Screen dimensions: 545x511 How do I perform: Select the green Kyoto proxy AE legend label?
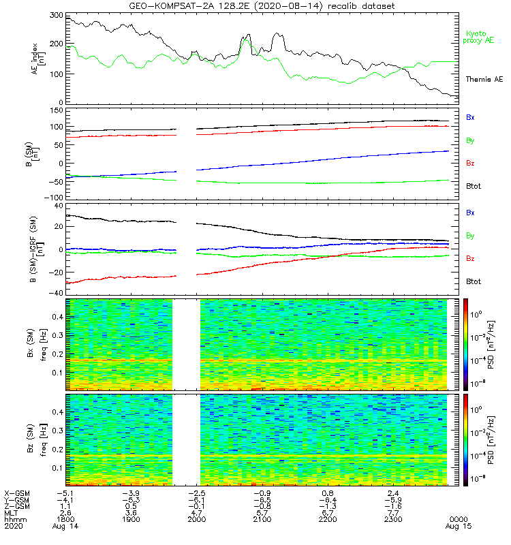click(480, 37)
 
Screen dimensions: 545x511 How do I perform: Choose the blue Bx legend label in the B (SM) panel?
click(470, 117)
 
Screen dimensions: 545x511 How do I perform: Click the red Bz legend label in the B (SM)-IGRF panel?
click(470, 259)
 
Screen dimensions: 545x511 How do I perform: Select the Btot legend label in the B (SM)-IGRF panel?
click(474, 281)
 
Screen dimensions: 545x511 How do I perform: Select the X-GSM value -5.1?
click(65, 493)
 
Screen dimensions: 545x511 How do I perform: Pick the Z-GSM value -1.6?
click(392, 507)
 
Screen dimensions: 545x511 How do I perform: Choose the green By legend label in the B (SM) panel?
click(470, 140)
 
